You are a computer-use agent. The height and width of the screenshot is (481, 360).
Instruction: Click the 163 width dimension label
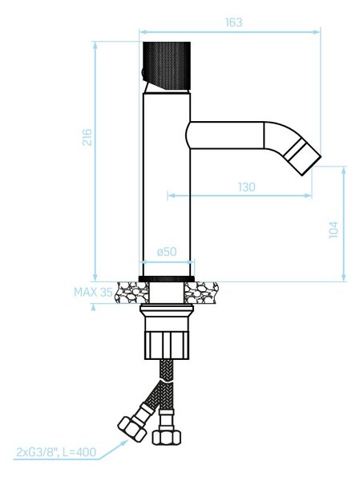233,22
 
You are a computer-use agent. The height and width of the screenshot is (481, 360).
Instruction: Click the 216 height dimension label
87,137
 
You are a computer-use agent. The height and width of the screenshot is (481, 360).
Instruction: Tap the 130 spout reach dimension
246,187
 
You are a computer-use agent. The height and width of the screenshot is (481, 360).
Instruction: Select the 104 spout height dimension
333,229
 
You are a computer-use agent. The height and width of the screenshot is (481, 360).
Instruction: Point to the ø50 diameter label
167,252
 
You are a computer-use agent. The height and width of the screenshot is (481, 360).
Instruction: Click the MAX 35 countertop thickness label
93,292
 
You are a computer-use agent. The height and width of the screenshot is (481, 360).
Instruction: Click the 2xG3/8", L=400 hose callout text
56,452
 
